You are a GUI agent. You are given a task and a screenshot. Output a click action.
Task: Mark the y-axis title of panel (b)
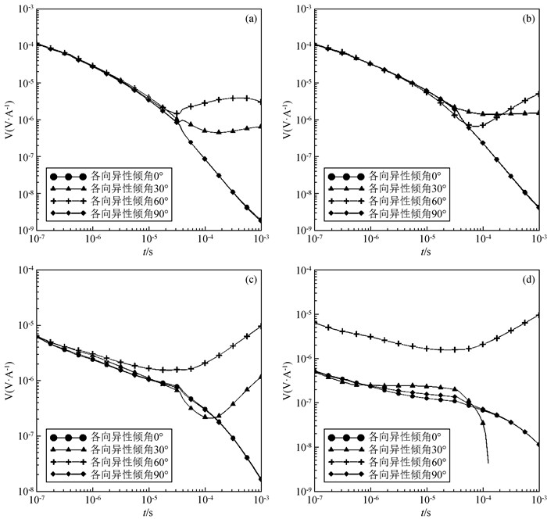click(x=284, y=119)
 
